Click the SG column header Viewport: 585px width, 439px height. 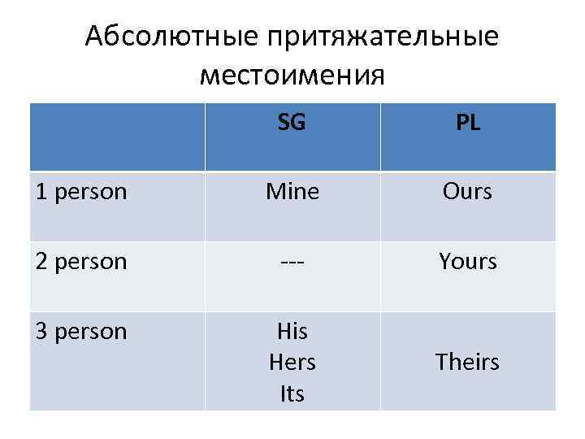(x=292, y=123)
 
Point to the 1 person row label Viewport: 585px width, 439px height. (x=81, y=192)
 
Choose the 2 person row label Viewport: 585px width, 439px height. (x=81, y=262)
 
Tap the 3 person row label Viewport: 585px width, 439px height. (x=81, y=332)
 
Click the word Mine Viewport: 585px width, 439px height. (x=292, y=192)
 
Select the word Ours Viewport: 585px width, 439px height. (x=467, y=192)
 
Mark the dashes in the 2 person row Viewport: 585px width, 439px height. (x=292, y=262)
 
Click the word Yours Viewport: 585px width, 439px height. (x=467, y=262)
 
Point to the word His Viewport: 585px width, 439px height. (x=292, y=332)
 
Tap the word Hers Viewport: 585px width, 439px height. (x=292, y=363)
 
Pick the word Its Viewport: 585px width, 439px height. (x=292, y=394)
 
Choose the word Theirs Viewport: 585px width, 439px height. (x=467, y=362)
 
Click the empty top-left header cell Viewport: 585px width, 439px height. (x=117, y=137)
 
